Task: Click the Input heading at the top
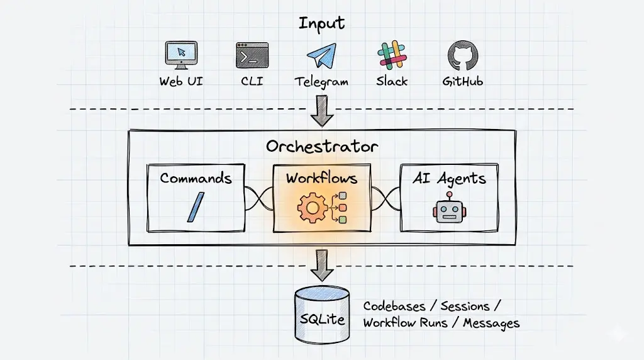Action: pyautogui.click(x=321, y=23)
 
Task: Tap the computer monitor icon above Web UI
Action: pyautogui.click(x=181, y=55)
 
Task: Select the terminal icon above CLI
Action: pyautogui.click(x=252, y=55)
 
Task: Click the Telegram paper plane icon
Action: pyautogui.click(x=321, y=55)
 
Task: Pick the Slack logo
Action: pyautogui.click(x=392, y=55)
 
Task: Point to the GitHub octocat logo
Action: pyautogui.click(x=463, y=55)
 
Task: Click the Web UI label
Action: pyautogui.click(x=181, y=81)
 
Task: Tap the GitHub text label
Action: pyautogui.click(x=462, y=81)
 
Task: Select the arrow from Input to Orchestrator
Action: pyautogui.click(x=321, y=111)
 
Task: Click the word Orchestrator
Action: pyautogui.click(x=322, y=146)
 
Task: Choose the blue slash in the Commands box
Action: pyautogui.click(x=196, y=207)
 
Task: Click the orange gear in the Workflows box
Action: pyautogui.click(x=312, y=208)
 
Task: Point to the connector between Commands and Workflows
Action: pyautogui.click(x=259, y=199)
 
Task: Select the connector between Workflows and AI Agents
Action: pyautogui.click(x=386, y=199)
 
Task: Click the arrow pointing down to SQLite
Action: pyautogui.click(x=321, y=265)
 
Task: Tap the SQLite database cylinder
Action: pyautogui.click(x=322, y=315)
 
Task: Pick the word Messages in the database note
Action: pyautogui.click(x=491, y=323)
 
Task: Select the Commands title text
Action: pyautogui.click(x=196, y=178)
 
